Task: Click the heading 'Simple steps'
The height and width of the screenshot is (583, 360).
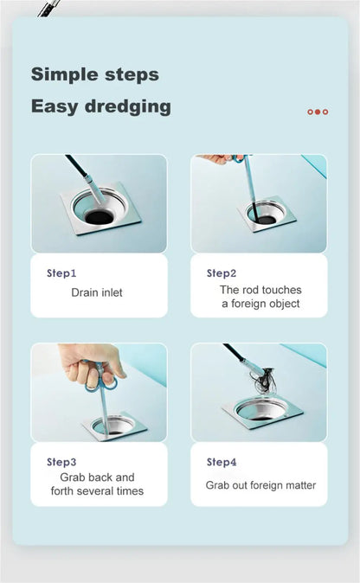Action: coord(95,74)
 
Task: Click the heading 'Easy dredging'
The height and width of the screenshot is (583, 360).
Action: coord(101,107)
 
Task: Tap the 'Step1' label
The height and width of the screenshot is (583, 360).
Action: coord(61,273)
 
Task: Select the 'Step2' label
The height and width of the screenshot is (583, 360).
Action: coord(222,273)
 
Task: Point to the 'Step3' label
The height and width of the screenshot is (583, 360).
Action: coord(61,462)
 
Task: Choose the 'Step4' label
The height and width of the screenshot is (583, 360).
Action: coord(222,462)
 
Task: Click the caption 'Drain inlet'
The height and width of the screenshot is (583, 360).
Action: coord(96,293)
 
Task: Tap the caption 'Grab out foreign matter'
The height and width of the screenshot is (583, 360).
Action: coord(260,485)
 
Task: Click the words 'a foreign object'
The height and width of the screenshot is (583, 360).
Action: coord(260,304)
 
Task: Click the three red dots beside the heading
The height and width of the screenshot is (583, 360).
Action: coord(318,112)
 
